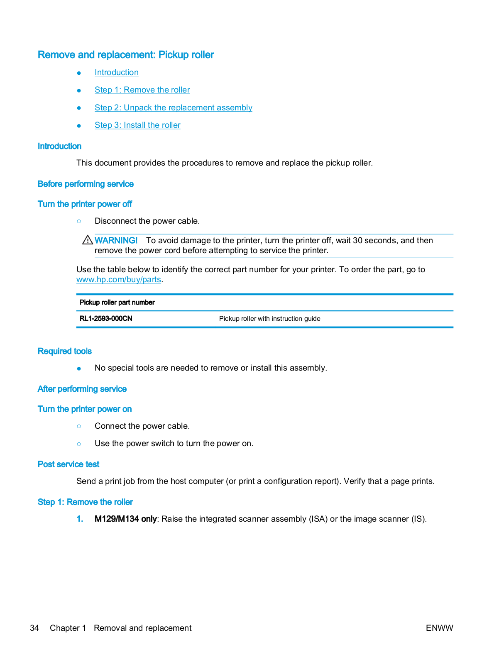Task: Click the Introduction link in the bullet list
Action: click(116, 73)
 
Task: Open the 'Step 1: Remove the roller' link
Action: click(142, 90)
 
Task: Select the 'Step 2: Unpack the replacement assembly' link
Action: click(173, 108)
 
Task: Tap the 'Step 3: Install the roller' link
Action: click(137, 125)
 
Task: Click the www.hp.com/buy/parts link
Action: click(118, 280)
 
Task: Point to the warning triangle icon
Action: click(88, 240)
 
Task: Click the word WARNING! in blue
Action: click(116, 241)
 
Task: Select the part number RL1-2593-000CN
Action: click(106, 319)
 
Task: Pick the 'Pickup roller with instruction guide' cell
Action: click(269, 319)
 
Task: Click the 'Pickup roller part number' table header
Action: click(117, 303)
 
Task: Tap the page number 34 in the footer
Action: click(34, 628)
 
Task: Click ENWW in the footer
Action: click(439, 628)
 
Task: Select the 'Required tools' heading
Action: click(65, 352)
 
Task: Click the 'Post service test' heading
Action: click(68, 464)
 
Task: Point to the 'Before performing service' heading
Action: click(86, 184)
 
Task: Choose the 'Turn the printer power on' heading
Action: click(85, 409)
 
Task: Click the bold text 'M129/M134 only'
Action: click(125, 519)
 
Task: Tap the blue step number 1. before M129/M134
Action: click(80, 519)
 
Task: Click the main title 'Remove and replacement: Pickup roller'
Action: click(126, 55)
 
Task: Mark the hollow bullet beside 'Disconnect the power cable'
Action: click(79, 221)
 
